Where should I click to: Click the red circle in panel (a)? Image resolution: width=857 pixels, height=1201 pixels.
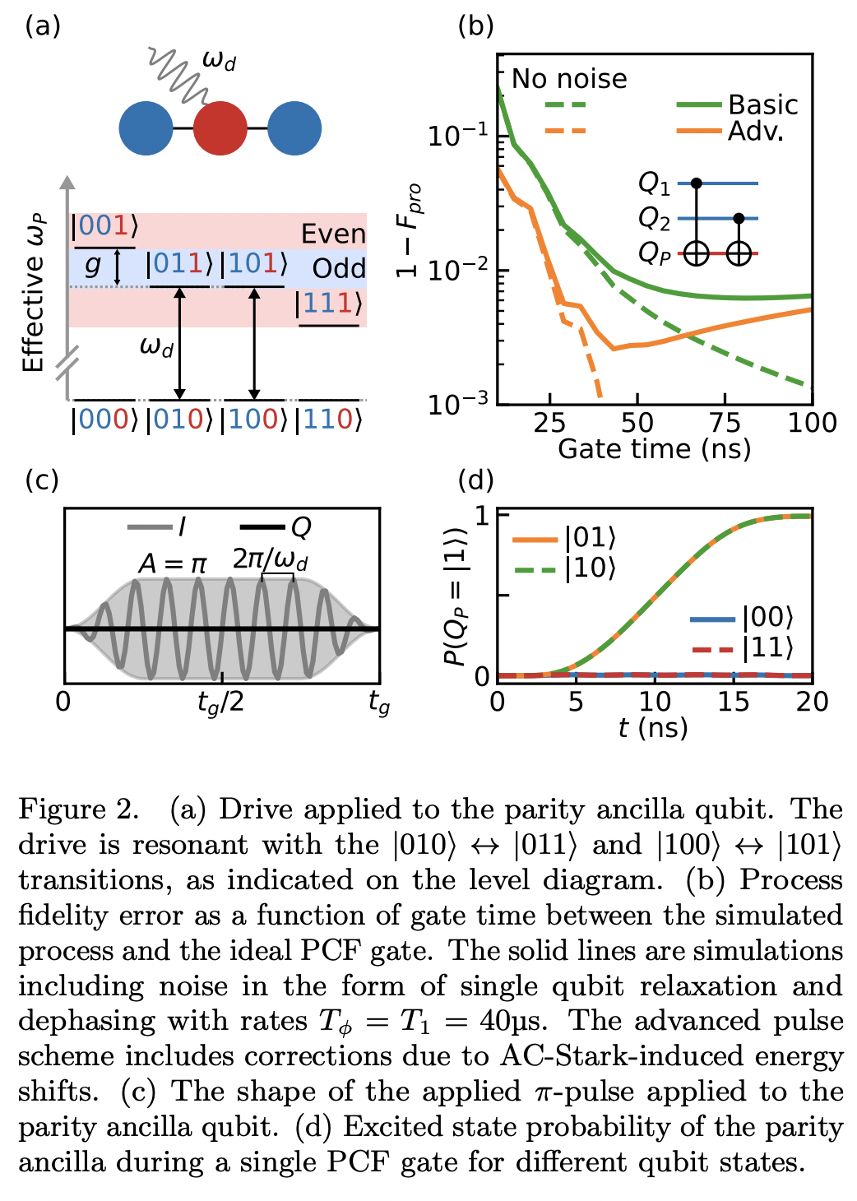[220, 129]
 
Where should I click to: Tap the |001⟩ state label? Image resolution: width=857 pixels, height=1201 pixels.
[104, 226]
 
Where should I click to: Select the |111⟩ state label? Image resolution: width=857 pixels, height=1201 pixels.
[328, 304]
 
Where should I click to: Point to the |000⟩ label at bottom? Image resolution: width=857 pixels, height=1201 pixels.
[104, 420]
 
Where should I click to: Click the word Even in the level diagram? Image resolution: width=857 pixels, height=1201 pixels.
[332, 234]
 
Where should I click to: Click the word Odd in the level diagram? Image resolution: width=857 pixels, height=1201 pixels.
[339, 269]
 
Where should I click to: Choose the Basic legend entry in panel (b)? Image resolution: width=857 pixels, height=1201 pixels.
[762, 105]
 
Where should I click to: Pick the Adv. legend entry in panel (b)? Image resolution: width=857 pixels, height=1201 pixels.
[755, 132]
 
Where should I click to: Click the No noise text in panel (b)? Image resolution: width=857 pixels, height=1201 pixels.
[569, 79]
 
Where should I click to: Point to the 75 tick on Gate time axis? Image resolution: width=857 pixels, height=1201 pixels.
[725, 423]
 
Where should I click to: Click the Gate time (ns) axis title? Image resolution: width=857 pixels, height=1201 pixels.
[654, 449]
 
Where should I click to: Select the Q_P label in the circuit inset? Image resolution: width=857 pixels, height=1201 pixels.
[654, 254]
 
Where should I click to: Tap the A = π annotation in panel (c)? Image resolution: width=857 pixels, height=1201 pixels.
[173, 564]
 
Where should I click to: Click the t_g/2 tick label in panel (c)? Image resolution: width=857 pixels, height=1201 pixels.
[220, 704]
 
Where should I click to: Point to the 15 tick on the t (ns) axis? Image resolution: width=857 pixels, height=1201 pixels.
[733, 702]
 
